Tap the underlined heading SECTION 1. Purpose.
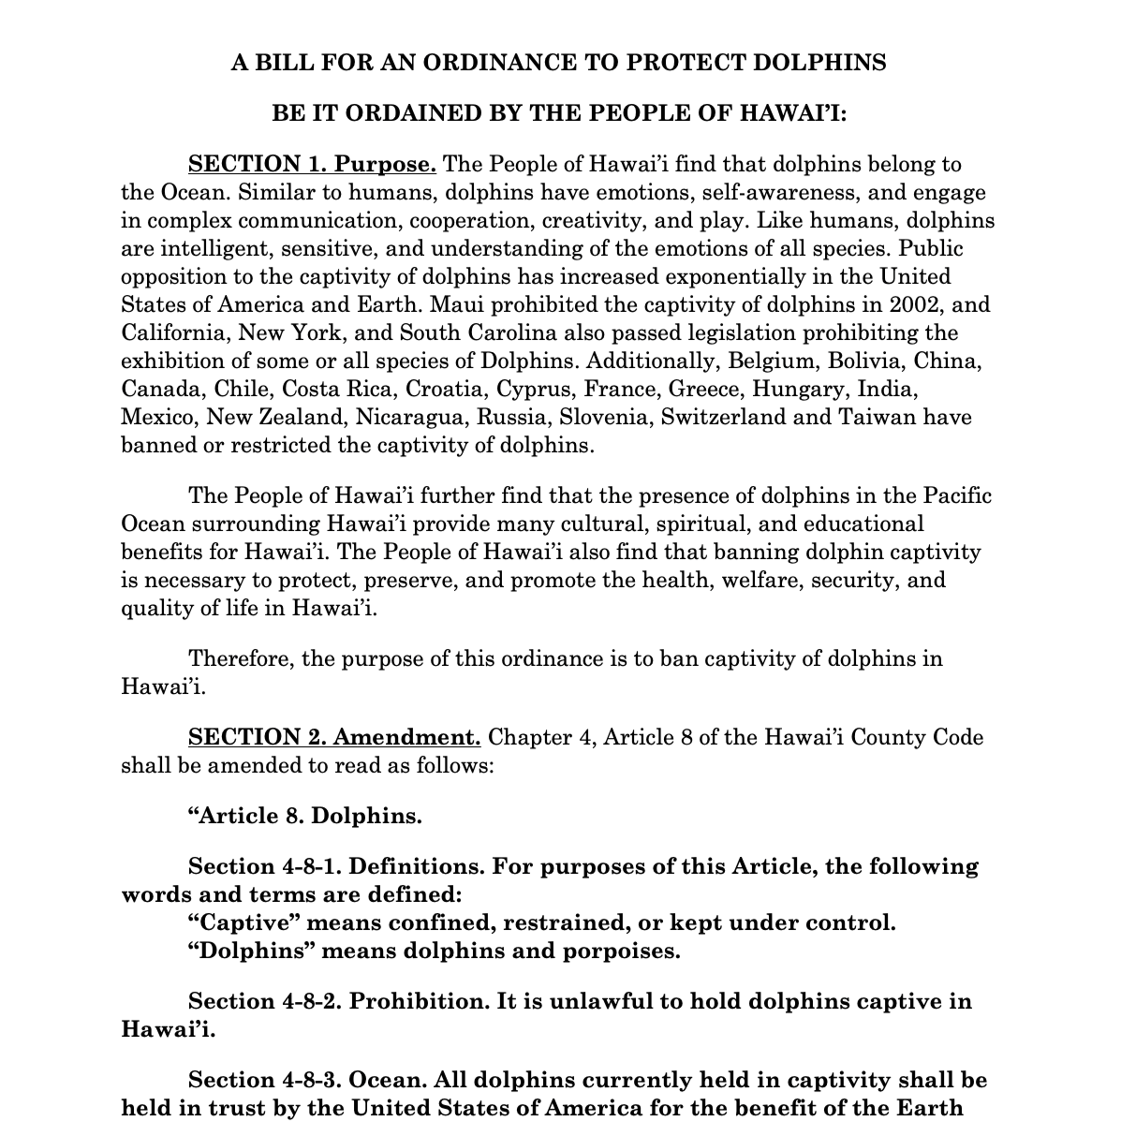pyautogui.click(x=312, y=165)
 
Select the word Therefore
pyautogui.click(x=242, y=658)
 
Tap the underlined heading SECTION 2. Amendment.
pyautogui.click(x=334, y=737)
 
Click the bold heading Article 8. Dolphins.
pyautogui.click(x=305, y=816)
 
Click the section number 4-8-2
pyautogui.click(x=309, y=1001)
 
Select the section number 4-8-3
pyautogui.click(x=309, y=1080)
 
